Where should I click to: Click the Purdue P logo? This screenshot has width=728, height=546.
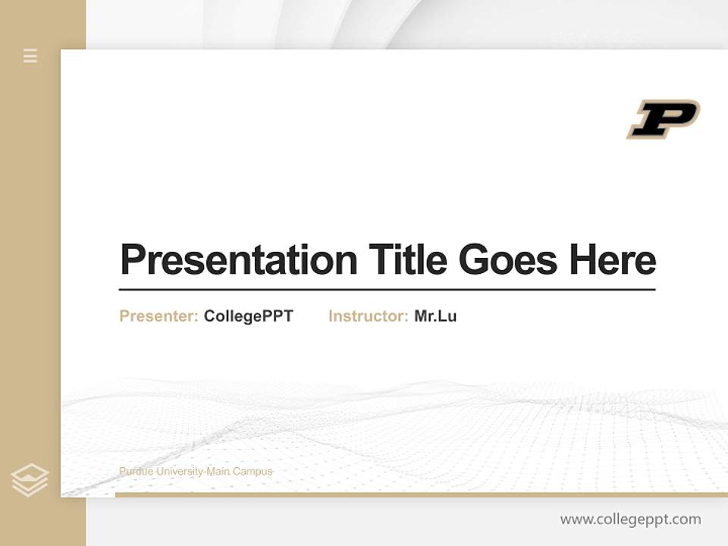pyautogui.click(x=663, y=119)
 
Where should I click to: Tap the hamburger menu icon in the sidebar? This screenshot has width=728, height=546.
pyautogui.click(x=30, y=55)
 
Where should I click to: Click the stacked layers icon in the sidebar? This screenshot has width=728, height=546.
pyautogui.click(x=30, y=480)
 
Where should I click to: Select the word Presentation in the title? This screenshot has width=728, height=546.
pyautogui.click(x=238, y=260)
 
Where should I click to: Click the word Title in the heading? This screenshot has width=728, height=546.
pyautogui.click(x=408, y=259)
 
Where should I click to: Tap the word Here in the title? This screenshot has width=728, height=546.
pyautogui.click(x=612, y=259)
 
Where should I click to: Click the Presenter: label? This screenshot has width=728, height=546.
pyautogui.click(x=158, y=316)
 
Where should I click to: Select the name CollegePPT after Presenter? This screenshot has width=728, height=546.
pyautogui.click(x=248, y=316)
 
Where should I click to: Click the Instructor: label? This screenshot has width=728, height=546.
pyautogui.click(x=368, y=316)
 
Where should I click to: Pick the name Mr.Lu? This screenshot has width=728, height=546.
pyautogui.click(x=435, y=316)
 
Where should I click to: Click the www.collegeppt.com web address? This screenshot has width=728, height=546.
pyautogui.click(x=630, y=519)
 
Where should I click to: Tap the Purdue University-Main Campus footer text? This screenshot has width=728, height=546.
pyautogui.click(x=196, y=472)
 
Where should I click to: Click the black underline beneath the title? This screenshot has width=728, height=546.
pyautogui.click(x=387, y=289)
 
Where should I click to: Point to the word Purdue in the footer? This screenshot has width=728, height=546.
pyautogui.click(x=134, y=472)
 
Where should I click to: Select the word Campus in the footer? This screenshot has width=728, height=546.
pyautogui.click(x=253, y=472)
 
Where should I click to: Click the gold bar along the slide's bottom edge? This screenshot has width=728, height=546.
pyautogui.click(x=421, y=494)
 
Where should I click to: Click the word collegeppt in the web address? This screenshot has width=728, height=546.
pyautogui.click(x=632, y=519)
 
